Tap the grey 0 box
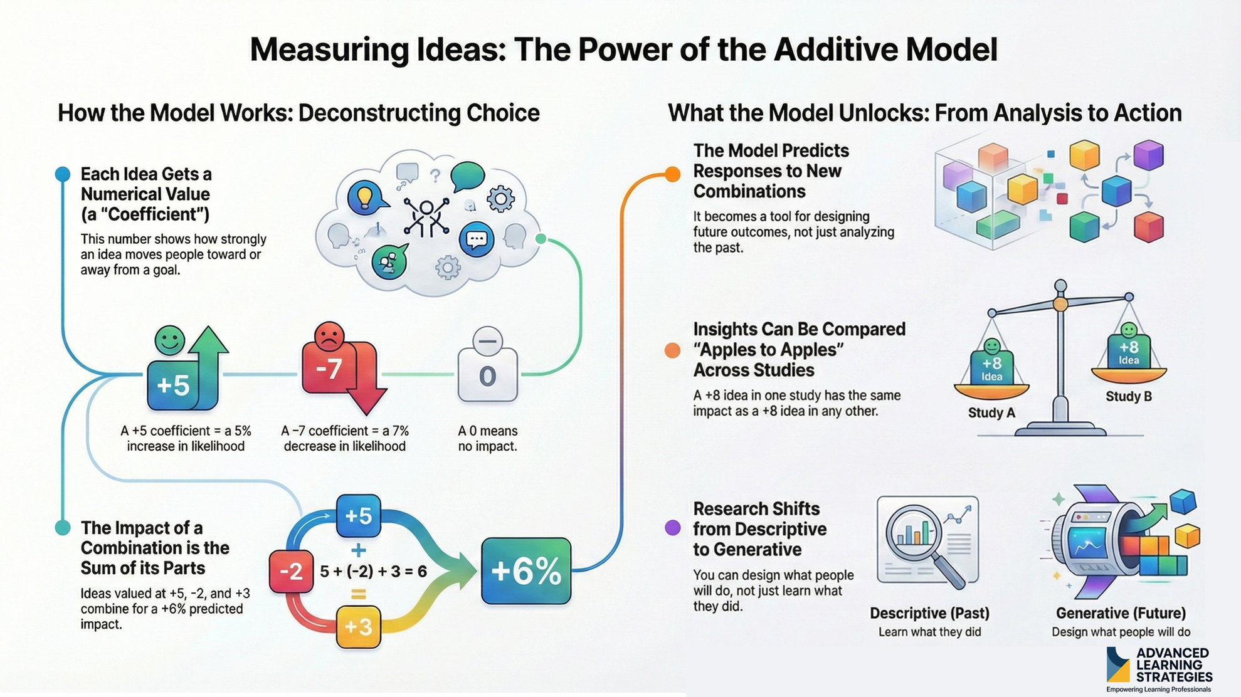pos(487,375)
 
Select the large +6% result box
pos(525,571)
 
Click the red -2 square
pos(291,571)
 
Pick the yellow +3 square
pos(358,626)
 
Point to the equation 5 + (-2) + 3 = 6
pos(373,571)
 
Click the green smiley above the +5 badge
pos(169,340)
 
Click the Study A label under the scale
pos(991,412)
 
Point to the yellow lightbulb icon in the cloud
pos(365,196)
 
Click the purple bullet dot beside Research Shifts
pos(672,528)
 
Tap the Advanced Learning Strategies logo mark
pos(1117,665)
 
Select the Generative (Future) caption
pos(1121,613)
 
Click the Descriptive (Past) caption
pos(929,613)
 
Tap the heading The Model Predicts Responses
pos(771,170)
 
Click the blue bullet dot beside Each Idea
pos(63,174)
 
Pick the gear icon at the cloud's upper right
pos(500,199)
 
